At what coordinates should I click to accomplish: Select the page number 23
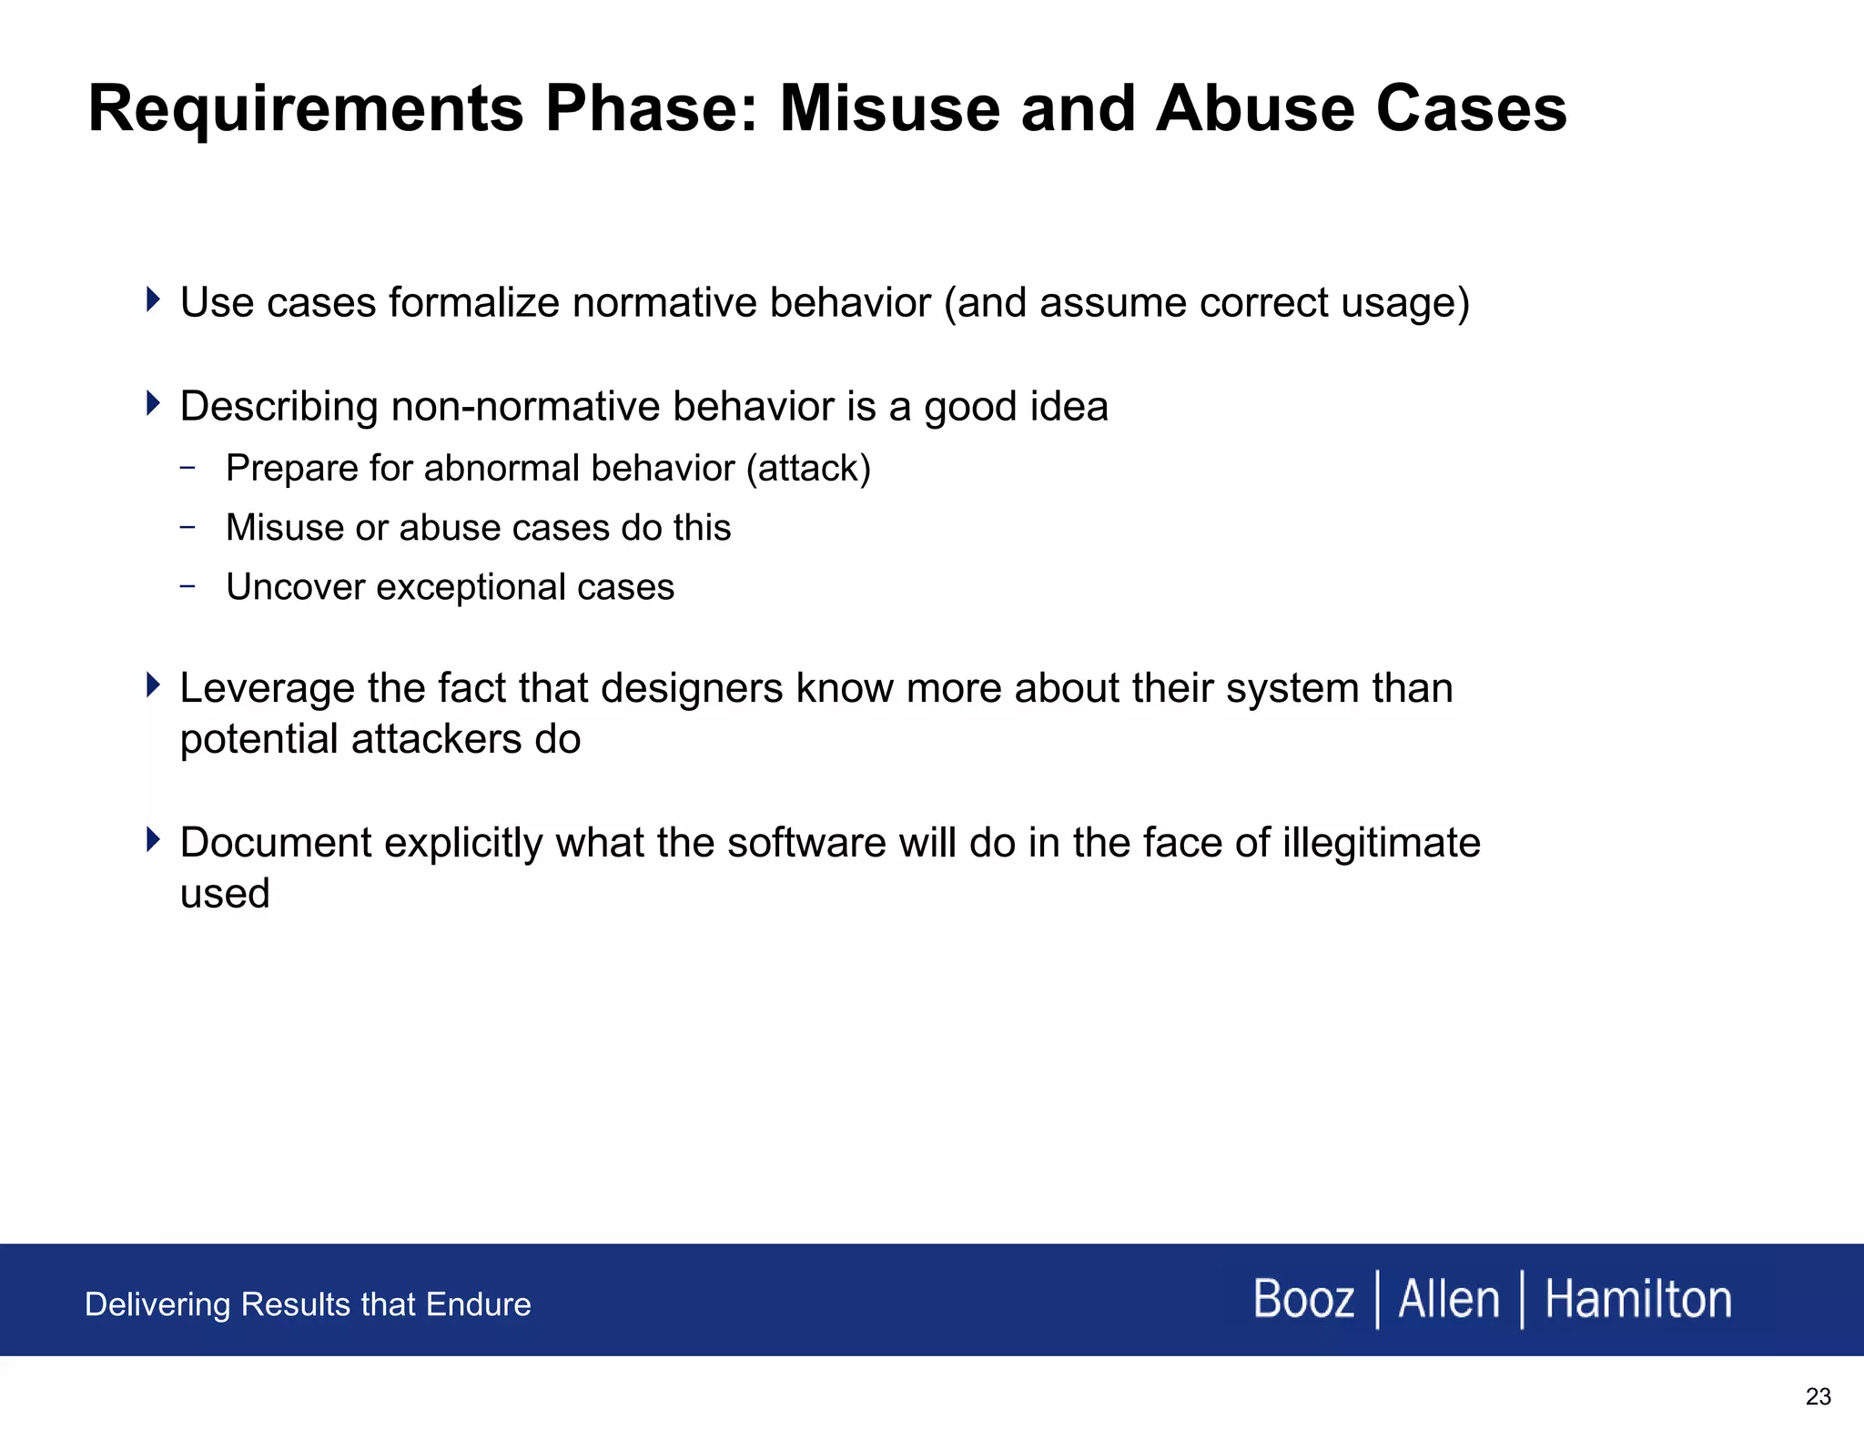tap(1818, 1397)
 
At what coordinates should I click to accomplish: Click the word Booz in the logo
tap(1303, 1299)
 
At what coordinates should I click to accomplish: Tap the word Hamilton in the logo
tap(1638, 1299)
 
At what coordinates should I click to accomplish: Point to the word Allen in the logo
tap(1448, 1299)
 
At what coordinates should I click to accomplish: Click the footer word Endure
tap(478, 1304)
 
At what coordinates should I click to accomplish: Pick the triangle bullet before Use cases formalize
tap(153, 299)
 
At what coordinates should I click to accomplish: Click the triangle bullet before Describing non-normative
tap(153, 402)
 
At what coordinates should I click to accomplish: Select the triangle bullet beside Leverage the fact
tap(153, 685)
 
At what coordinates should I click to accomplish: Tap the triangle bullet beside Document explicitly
tap(153, 839)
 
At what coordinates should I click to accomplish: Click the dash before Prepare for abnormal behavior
tap(187, 468)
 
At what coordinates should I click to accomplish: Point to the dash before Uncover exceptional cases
tap(187, 586)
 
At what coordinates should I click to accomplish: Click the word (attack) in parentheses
tap(808, 469)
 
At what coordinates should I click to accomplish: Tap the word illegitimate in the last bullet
tap(1381, 843)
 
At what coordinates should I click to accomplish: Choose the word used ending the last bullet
tap(225, 894)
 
